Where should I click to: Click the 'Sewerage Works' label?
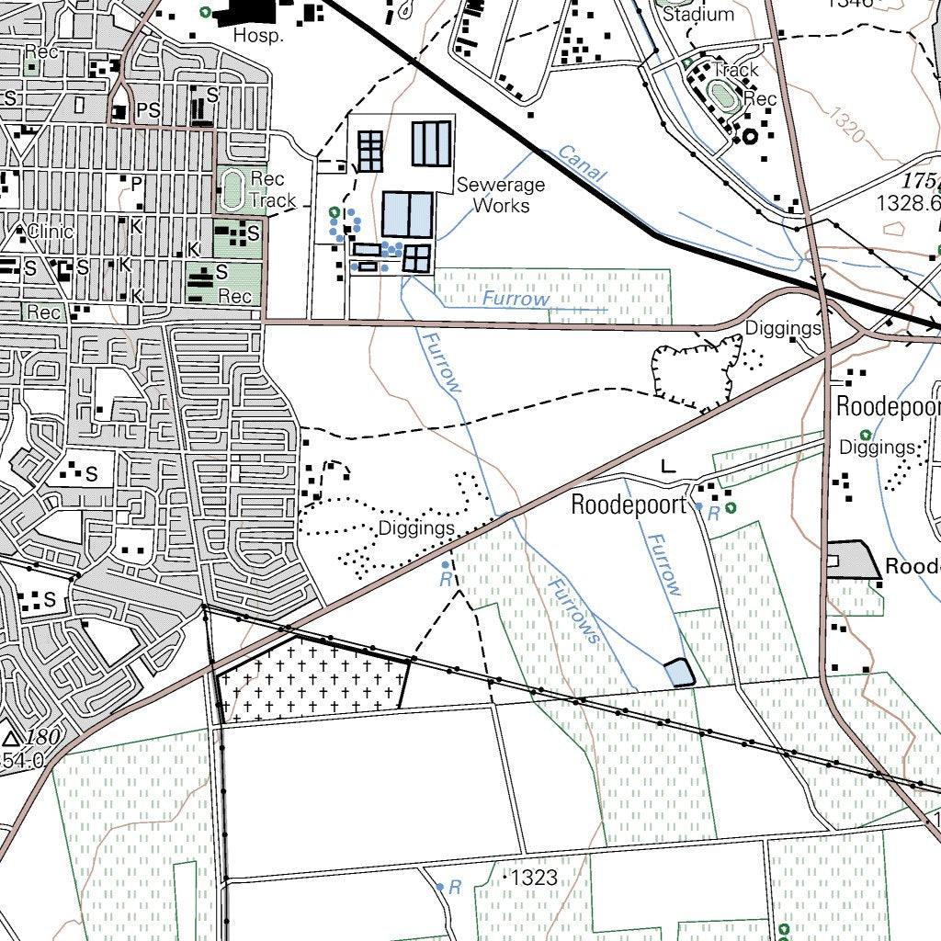(501, 195)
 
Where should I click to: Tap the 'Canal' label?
(581, 164)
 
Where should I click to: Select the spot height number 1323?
(535, 879)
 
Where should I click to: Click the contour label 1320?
(845, 125)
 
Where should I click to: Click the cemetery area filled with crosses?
(312, 679)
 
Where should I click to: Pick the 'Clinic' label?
(51, 231)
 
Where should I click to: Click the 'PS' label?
(148, 111)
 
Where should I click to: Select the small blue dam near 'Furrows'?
(678, 673)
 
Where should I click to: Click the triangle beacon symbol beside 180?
(12, 738)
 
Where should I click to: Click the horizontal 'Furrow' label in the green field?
(516, 299)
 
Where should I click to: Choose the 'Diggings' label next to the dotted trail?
(417, 528)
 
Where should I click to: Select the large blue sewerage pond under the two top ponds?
(406, 214)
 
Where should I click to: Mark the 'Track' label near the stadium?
(736, 70)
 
